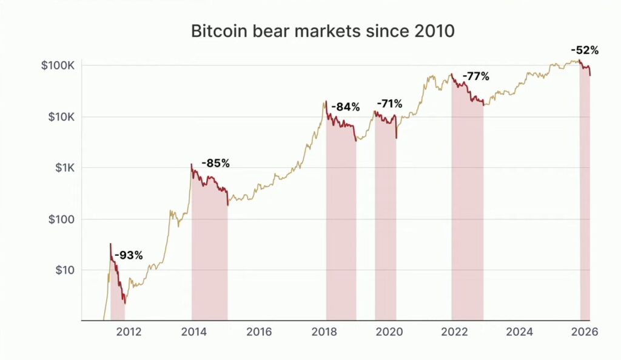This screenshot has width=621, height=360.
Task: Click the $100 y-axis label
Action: point(62,219)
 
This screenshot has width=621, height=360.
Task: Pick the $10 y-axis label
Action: point(65,270)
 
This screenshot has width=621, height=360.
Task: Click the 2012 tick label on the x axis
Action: point(129,332)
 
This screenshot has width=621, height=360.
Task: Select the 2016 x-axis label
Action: point(258,332)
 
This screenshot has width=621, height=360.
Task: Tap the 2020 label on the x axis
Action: point(389,332)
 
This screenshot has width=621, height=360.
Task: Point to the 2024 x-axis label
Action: point(519,332)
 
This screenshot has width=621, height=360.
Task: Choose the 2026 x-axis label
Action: point(584,332)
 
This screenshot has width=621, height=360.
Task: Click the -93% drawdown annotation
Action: point(128,255)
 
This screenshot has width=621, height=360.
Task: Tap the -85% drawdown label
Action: point(215,163)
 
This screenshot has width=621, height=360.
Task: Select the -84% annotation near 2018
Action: point(345,107)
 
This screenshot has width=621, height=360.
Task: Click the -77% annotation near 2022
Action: point(475,76)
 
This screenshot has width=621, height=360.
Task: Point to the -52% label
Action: point(585,50)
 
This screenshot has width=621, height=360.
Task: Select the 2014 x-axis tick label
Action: point(193,332)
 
